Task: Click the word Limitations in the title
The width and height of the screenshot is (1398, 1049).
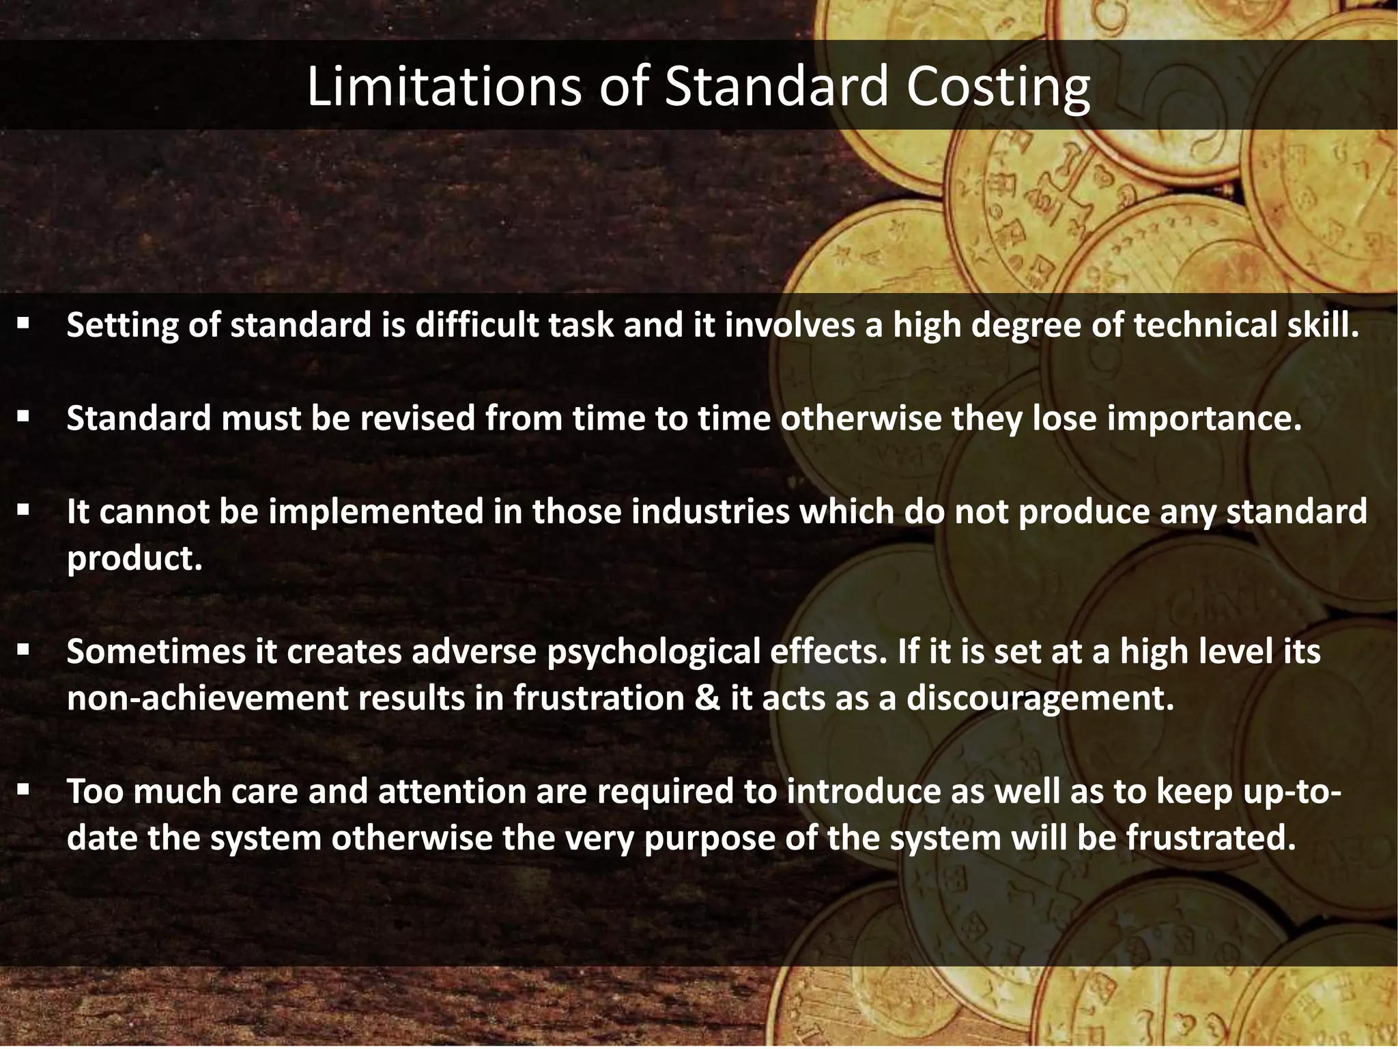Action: tap(444, 87)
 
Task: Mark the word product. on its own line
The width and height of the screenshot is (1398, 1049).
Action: tap(135, 559)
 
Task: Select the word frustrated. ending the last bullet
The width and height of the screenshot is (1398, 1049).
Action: tap(1211, 838)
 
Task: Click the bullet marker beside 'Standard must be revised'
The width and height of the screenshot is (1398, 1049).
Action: tap(24, 415)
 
